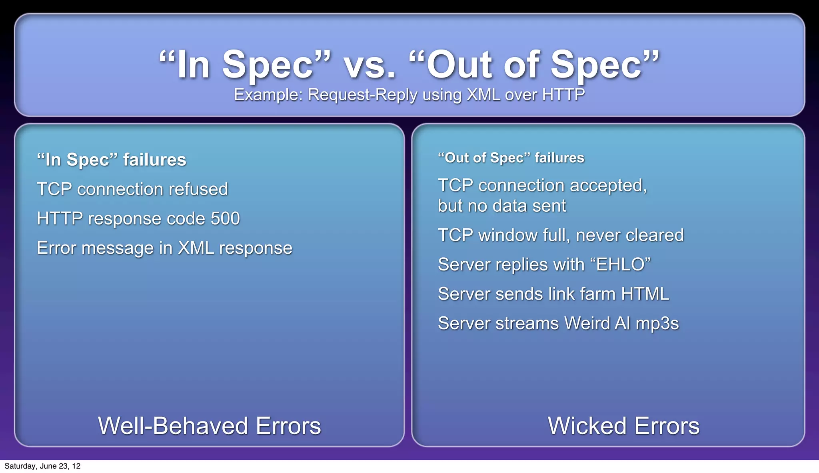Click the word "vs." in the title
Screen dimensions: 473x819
click(x=370, y=66)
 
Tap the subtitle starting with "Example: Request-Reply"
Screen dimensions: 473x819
click(x=409, y=95)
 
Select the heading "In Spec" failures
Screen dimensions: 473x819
click(x=112, y=160)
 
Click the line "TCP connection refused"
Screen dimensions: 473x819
click(x=132, y=189)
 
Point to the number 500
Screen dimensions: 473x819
click(x=225, y=219)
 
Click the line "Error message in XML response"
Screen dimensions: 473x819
click(x=164, y=248)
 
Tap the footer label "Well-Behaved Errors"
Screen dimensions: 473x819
click(x=209, y=425)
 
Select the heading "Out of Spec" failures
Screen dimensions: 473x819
click(x=511, y=158)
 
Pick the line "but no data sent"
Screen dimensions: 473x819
click(x=501, y=206)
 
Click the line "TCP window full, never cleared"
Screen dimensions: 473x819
click(x=561, y=235)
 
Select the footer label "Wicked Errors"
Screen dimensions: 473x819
click(x=623, y=425)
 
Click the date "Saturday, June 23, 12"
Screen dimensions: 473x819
click(x=42, y=466)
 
